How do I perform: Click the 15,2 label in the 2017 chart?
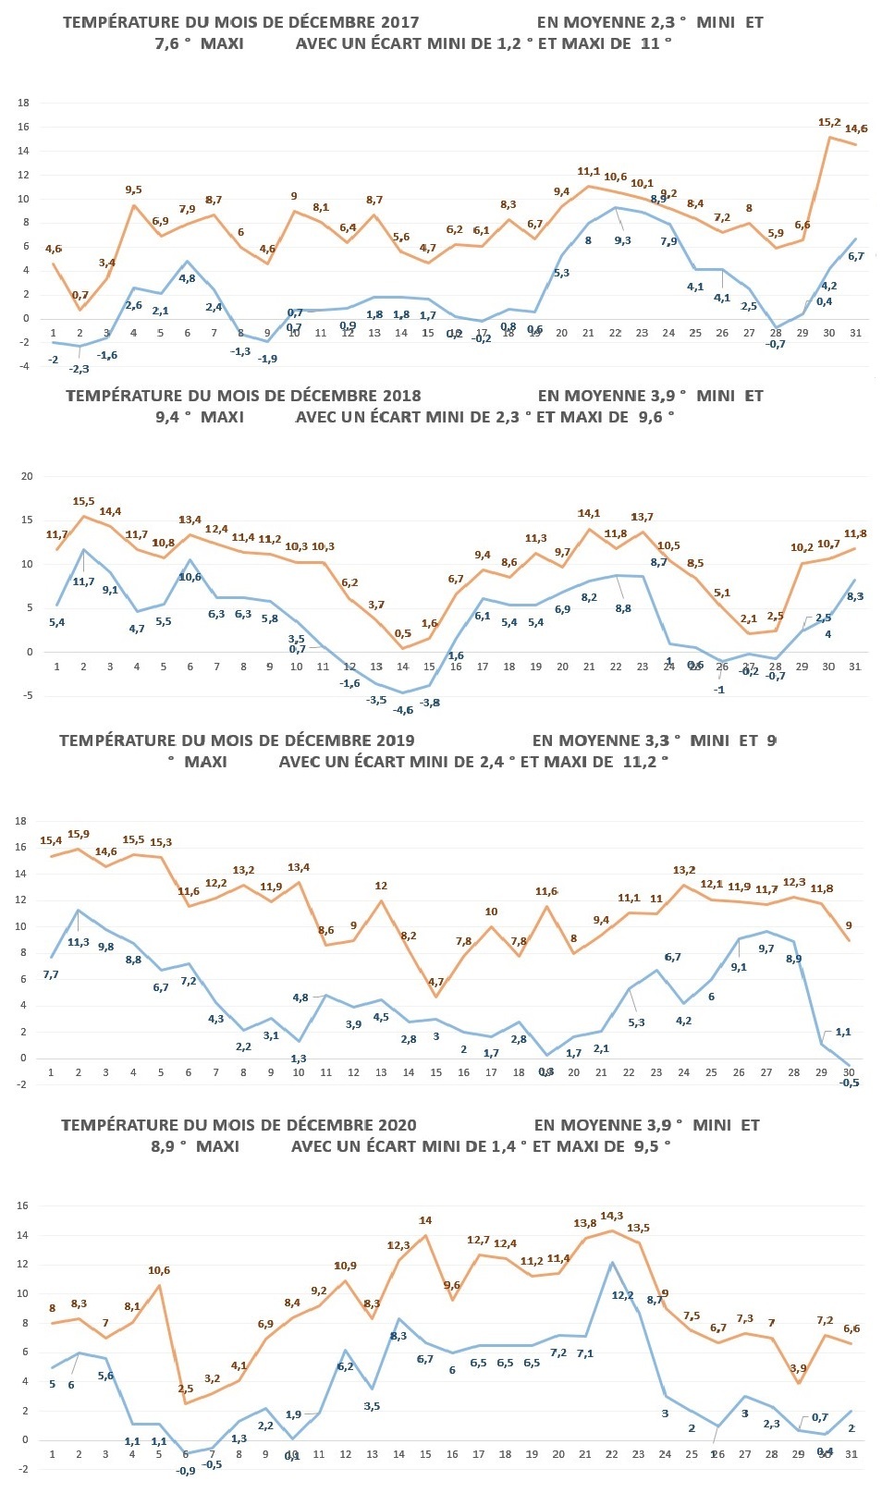pos(829,122)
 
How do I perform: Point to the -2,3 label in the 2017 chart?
pos(80,369)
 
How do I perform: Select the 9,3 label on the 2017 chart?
pos(622,240)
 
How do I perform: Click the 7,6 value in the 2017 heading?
pos(172,43)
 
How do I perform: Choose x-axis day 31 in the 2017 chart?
pos(855,333)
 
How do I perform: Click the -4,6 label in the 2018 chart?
pos(403,710)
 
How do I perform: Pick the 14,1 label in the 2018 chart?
pos(589,514)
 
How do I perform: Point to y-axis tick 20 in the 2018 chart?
pos(27,477)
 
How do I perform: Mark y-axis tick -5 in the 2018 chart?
pos(27,696)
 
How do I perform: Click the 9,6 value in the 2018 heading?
pos(652,417)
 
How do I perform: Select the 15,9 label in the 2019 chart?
pos(79,835)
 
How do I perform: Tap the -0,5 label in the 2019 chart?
pos(850,1083)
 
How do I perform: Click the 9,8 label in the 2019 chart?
pos(105,947)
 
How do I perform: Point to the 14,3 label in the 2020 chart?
pos(612,1217)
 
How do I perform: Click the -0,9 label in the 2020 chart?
pos(185,1471)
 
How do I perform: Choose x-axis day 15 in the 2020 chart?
pos(425,1454)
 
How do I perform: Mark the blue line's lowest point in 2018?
pos(402,692)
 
